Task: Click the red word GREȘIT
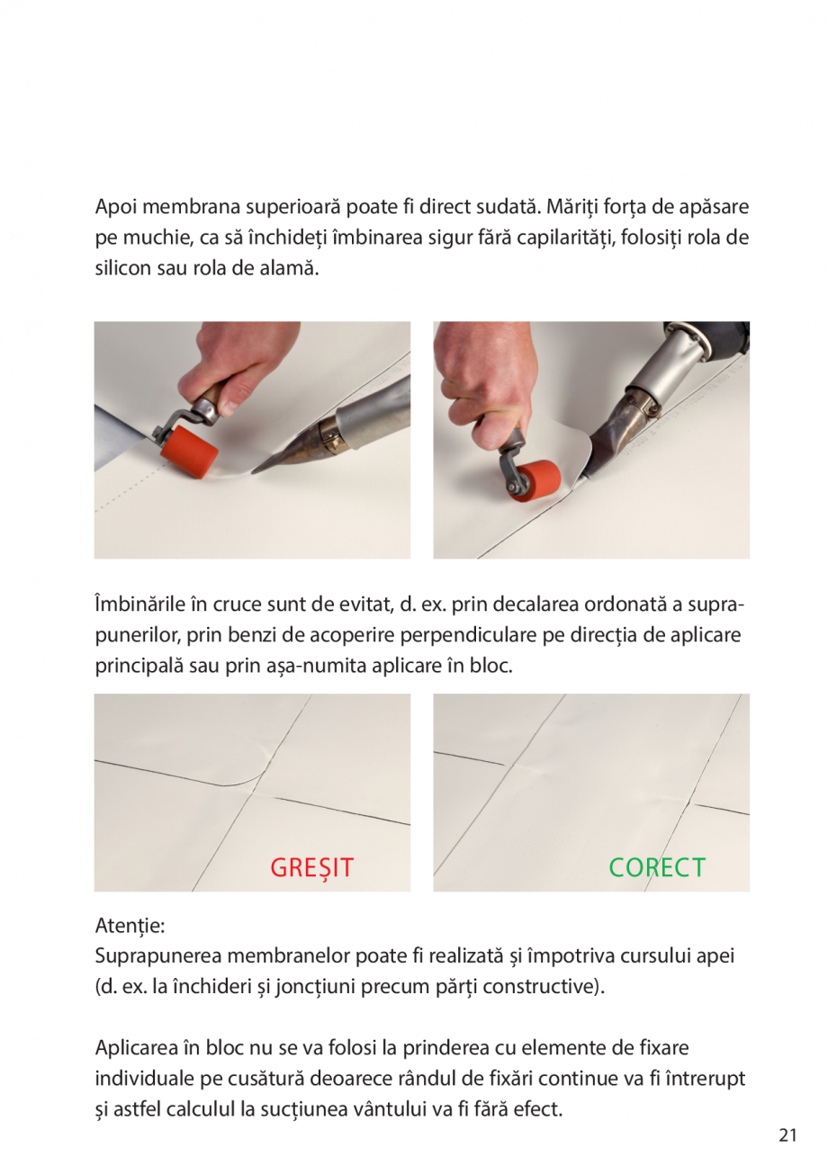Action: pos(311,868)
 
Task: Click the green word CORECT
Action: pos(657,868)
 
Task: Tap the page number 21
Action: pos(787,1135)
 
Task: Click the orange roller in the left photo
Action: pos(188,446)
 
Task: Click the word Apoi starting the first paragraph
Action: pos(117,207)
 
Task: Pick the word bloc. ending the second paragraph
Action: pos(490,667)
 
